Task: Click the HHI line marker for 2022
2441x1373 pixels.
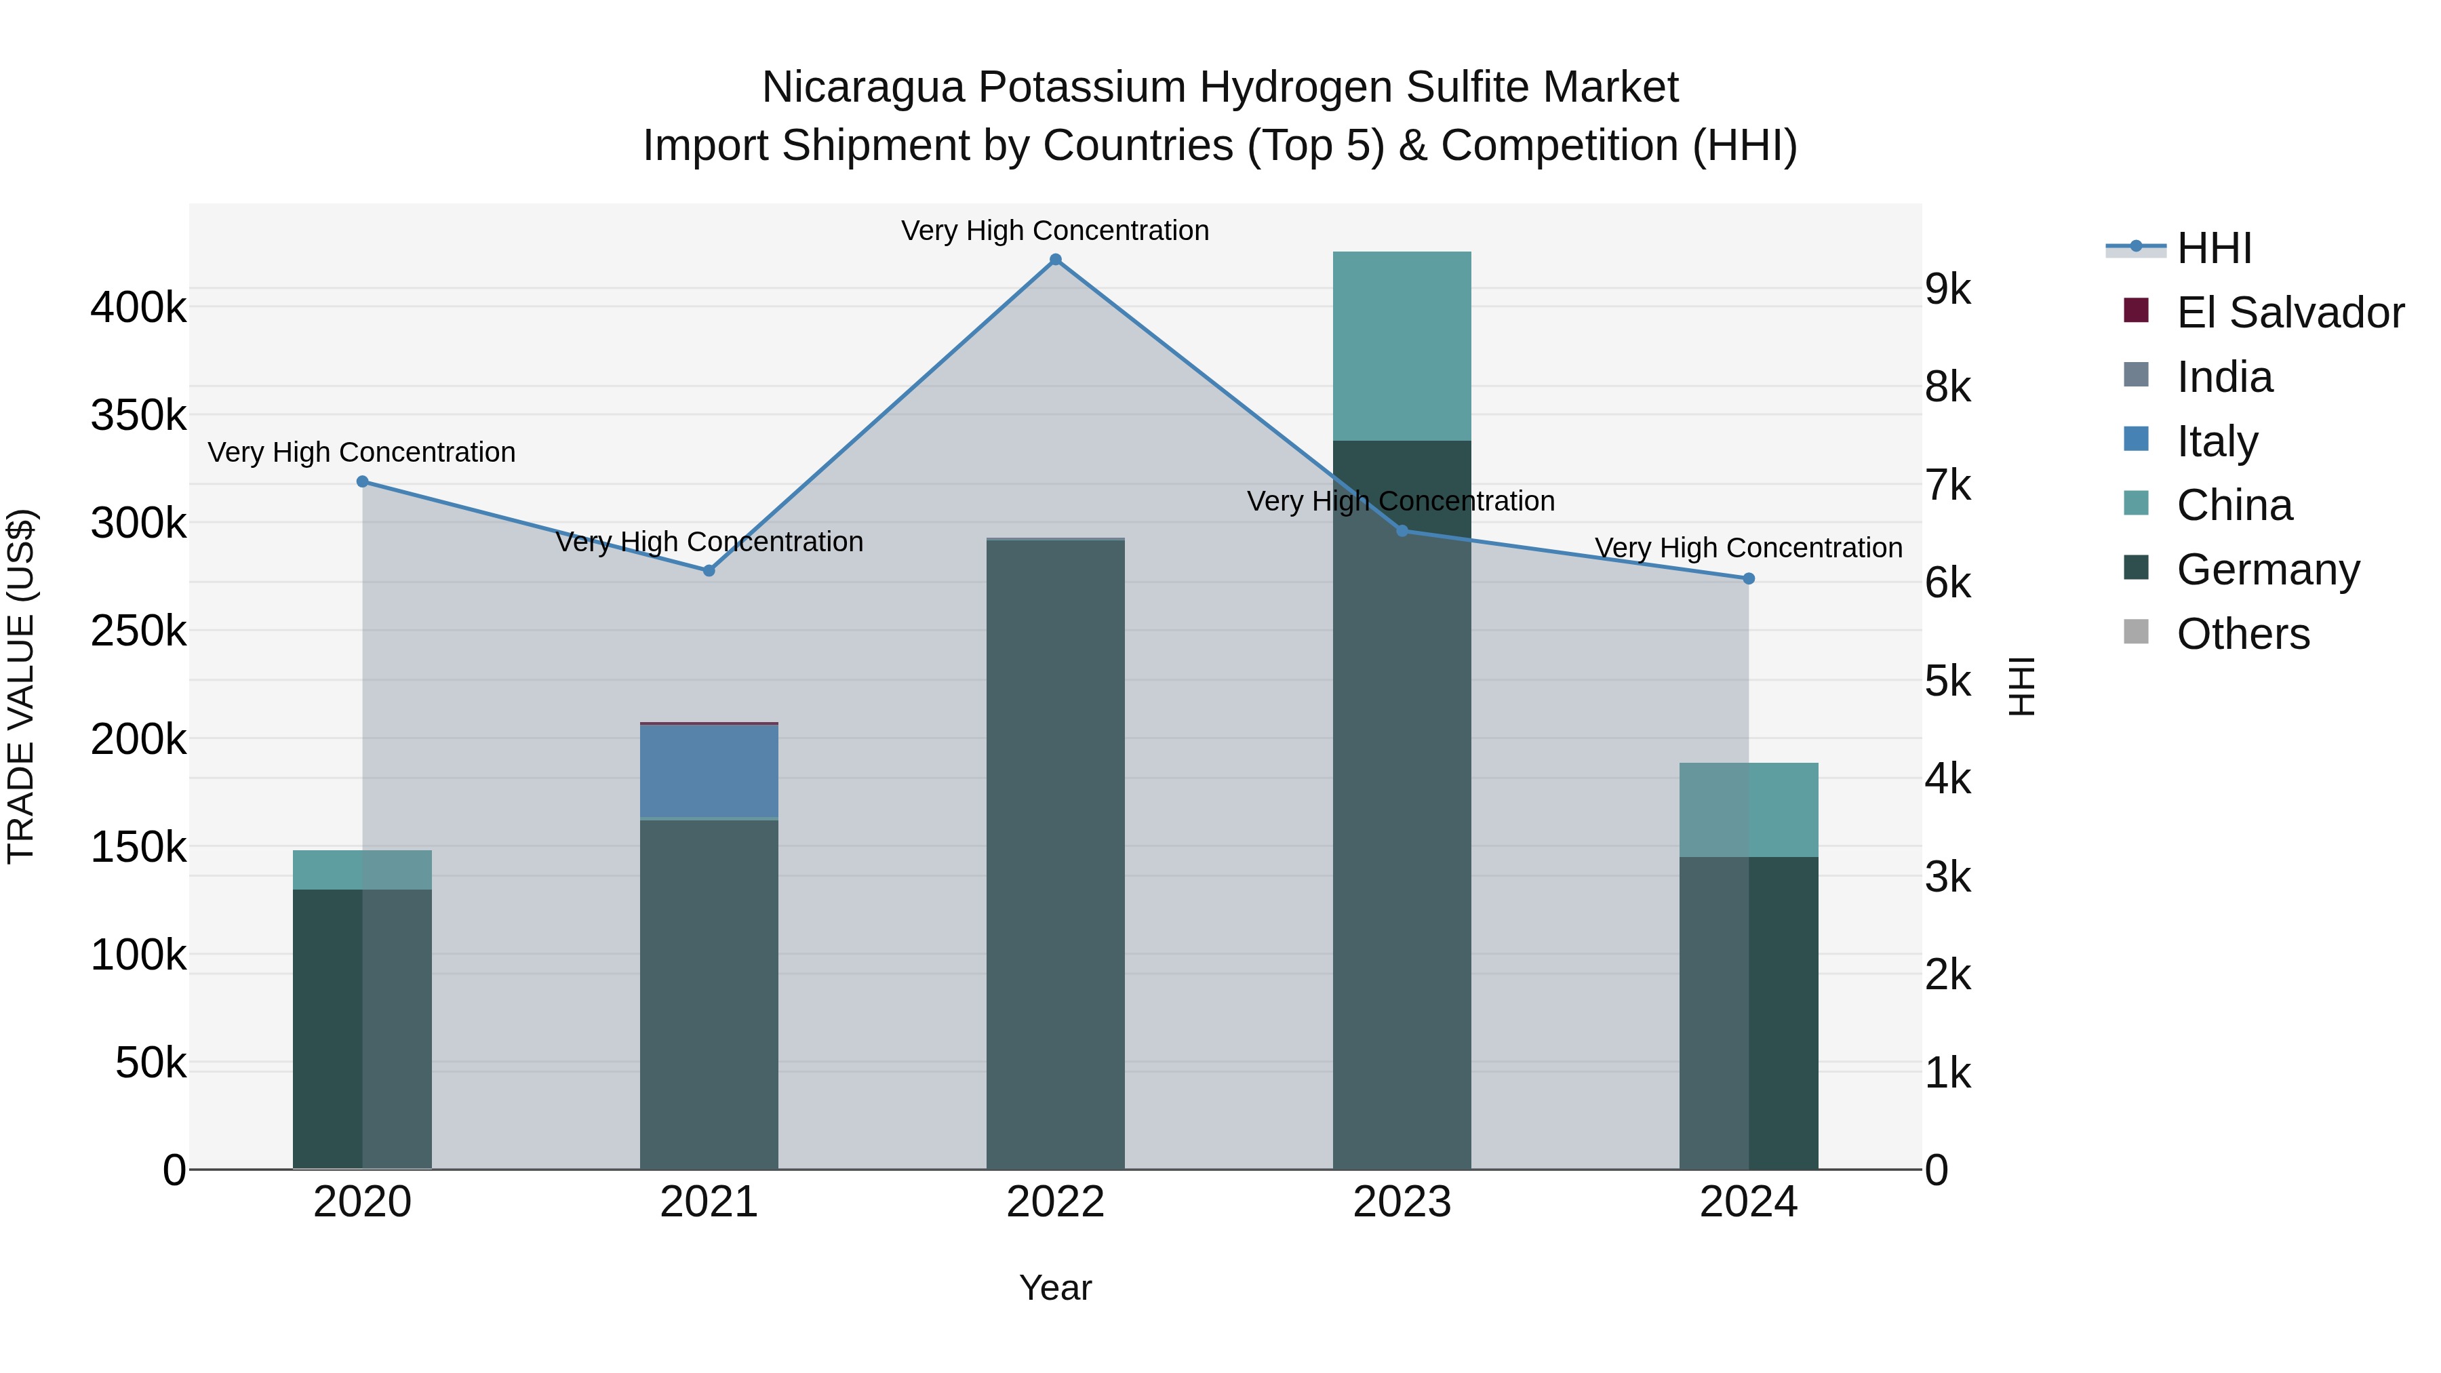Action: (x=1056, y=260)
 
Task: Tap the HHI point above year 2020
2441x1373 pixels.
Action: (x=362, y=481)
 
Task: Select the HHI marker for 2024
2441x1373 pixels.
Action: (x=1748, y=578)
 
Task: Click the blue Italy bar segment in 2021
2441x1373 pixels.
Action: (x=709, y=770)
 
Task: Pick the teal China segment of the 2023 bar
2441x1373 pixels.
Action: (x=1402, y=346)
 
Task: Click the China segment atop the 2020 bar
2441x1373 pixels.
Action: (x=362, y=870)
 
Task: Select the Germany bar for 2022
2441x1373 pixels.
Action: (x=1056, y=853)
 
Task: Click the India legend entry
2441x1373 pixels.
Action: (x=2224, y=377)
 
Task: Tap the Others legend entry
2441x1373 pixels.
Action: (x=2242, y=634)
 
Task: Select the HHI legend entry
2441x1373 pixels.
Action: (x=2214, y=248)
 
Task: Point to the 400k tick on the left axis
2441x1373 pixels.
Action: (x=138, y=308)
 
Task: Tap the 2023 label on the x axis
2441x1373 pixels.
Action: (x=1402, y=1202)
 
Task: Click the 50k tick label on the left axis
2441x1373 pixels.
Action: (x=151, y=1063)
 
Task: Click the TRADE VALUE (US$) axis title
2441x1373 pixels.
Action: (x=21, y=686)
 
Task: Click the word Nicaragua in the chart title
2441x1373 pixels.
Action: (x=865, y=87)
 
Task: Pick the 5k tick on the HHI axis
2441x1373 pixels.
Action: (x=1948, y=681)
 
